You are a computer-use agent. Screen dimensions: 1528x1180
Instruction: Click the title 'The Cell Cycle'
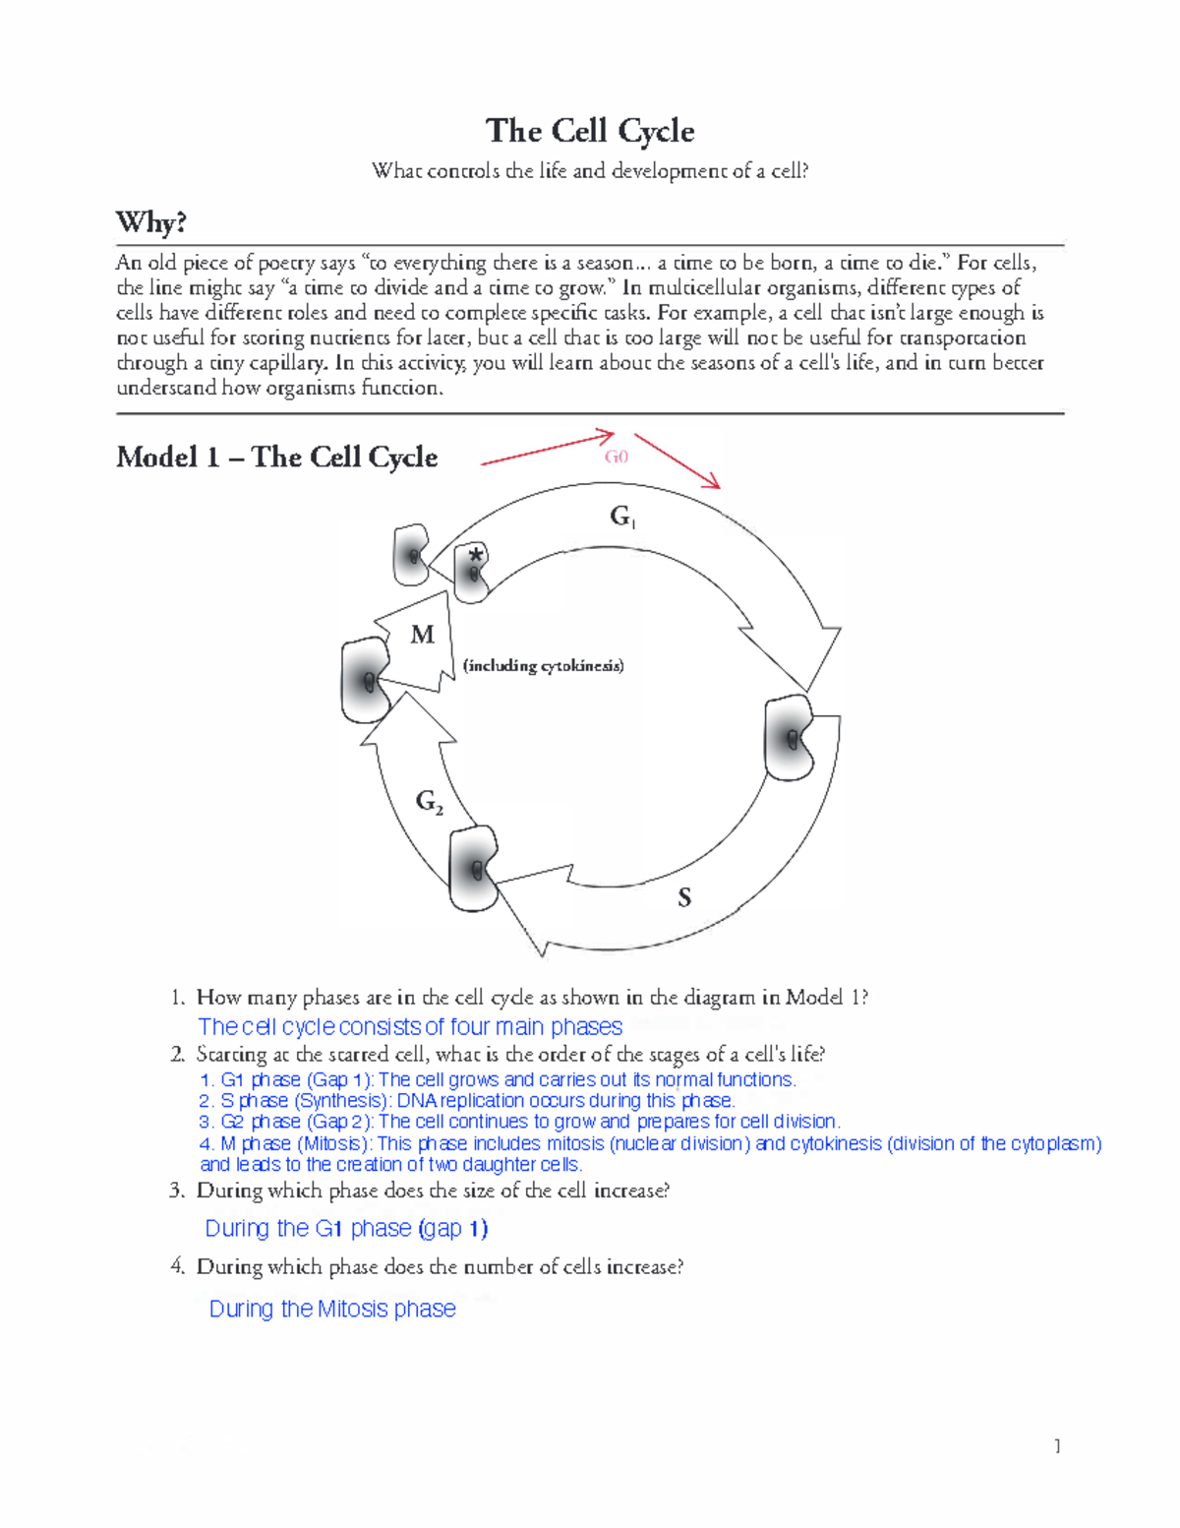click(x=590, y=131)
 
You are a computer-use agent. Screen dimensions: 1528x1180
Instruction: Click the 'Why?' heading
click(x=150, y=222)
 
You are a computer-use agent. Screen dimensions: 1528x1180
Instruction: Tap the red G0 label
click(x=616, y=457)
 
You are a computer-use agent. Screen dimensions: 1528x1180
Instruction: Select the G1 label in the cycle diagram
click(x=622, y=517)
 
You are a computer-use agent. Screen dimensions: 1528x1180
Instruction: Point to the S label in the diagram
click(x=684, y=896)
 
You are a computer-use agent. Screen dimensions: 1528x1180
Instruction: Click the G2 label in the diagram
click(x=429, y=802)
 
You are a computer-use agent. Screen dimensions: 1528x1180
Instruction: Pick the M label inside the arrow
click(x=422, y=635)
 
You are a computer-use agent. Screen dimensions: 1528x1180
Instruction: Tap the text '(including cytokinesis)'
click(x=543, y=666)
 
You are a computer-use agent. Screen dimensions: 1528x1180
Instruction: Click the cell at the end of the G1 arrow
click(x=791, y=738)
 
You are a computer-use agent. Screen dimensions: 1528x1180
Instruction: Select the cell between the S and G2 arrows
click(x=474, y=869)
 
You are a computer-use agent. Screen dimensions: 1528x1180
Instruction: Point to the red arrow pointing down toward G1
click(x=678, y=460)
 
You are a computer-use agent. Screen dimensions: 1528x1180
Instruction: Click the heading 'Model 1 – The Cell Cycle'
click(x=276, y=458)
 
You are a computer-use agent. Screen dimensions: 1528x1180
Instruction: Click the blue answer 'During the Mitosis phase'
click(x=332, y=1309)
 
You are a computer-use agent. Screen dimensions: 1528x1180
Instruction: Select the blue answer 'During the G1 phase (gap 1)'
click(x=346, y=1228)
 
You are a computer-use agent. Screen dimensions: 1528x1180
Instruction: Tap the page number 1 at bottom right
click(x=1057, y=1445)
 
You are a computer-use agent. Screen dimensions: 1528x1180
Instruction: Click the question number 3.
click(x=177, y=1191)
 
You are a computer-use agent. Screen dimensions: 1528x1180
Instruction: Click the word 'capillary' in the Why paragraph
click(x=290, y=363)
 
